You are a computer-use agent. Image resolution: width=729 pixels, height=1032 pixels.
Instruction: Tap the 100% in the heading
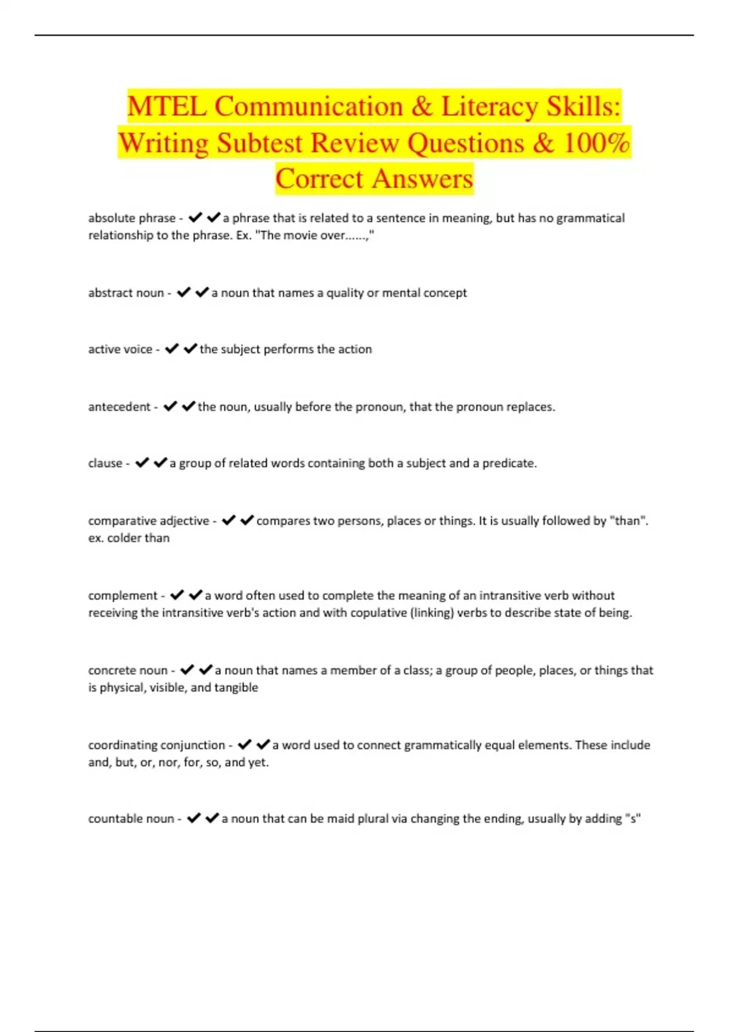point(597,143)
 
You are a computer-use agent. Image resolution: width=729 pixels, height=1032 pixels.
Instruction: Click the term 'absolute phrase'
point(132,218)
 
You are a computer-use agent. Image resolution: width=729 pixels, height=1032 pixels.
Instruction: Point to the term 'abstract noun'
point(126,293)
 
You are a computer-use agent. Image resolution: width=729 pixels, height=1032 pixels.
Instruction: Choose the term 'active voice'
point(120,350)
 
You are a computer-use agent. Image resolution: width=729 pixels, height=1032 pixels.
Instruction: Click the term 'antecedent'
point(119,407)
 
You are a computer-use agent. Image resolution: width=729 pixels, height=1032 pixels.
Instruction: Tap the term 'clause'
point(105,463)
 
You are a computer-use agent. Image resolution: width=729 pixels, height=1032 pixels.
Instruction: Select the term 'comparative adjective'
point(148,521)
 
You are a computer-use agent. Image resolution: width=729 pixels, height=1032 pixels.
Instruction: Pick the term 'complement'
point(123,596)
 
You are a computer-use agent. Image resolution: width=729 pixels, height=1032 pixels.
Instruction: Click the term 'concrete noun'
point(128,671)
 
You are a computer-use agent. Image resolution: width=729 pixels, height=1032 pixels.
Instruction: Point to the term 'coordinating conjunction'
point(156,745)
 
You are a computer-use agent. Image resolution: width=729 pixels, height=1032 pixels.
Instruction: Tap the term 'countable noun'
point(131,819)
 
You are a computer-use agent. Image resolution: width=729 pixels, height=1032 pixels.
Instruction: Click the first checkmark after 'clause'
point(142,463)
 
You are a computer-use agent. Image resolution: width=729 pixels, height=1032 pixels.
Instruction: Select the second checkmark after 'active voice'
point(190,349)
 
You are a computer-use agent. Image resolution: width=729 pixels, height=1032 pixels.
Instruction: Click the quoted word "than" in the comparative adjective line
point(628,521)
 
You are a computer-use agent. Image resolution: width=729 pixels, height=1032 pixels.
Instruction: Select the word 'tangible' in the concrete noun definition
point(236,688)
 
